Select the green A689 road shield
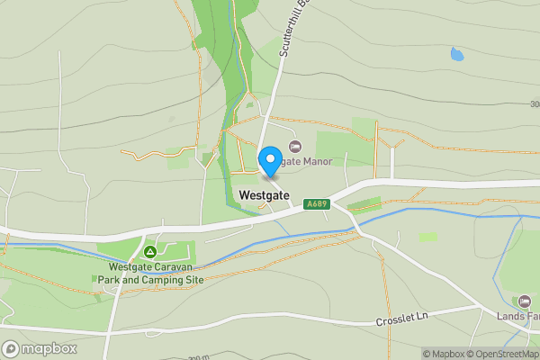tap(317, 203)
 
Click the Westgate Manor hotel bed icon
tap(294, 146)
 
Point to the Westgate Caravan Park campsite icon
tap(149, 251)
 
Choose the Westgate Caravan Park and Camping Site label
tap(150, 273)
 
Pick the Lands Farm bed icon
tap(525, 301)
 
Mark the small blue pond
tap(457, 54)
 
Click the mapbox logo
tap(40, 348)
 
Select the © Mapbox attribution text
tap(445, 354)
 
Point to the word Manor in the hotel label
tap(316, 161)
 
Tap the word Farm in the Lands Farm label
tap(530, 316)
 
